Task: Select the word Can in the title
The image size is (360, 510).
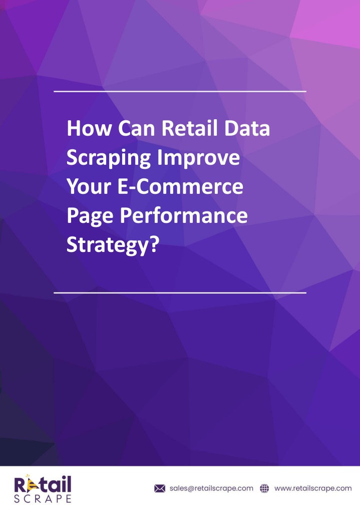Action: (136, 128)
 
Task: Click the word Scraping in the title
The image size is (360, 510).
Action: (109, 158)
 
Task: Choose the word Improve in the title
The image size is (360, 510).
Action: (199, 158)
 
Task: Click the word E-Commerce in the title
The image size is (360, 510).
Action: (180, 186)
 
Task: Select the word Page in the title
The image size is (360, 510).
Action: (90, 216)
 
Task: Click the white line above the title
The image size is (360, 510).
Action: (180, 91)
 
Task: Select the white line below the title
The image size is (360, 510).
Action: (180, 293)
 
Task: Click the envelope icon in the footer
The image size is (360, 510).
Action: (160, 488)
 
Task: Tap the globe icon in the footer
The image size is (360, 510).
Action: (264, 488)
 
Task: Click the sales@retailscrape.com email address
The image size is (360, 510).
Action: (211, 488)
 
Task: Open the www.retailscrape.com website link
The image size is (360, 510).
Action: (313, 488)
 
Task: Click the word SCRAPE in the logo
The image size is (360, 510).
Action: (43, 498)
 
